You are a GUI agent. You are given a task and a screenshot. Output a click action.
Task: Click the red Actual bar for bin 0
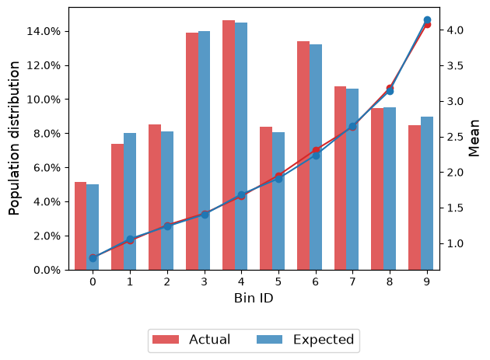[81, 226]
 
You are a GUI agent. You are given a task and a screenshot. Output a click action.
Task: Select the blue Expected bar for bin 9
[427, 194]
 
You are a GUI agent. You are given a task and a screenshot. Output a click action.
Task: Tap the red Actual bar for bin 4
[229, 145]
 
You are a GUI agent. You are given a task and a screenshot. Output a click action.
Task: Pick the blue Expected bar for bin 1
[130, 201]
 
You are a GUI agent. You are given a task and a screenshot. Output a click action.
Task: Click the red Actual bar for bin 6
[303, 156]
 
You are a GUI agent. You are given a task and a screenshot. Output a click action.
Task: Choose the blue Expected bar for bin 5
[278, 201]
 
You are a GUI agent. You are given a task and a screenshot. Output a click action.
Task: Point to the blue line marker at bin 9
[427, 20]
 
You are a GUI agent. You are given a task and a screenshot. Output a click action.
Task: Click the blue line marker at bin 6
[316, 156]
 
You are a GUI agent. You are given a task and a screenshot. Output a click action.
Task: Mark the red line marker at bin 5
[278, 176]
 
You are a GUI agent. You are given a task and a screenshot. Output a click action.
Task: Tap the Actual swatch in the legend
[166, 339]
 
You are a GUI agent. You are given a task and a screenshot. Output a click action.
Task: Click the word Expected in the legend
[324, 340]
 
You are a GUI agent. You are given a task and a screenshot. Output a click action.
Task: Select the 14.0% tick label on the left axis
[44, 32]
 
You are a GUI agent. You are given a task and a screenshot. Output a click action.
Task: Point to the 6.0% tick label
[47, 168]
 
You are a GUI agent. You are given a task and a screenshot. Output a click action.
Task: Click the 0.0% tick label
[47, 270]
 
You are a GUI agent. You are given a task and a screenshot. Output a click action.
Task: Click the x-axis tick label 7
[352, 282]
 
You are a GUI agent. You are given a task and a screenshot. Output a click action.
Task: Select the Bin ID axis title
[254, 298]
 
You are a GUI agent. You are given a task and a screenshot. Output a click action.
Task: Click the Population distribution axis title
[14, 138]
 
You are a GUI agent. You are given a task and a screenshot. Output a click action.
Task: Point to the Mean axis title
[474, 138]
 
